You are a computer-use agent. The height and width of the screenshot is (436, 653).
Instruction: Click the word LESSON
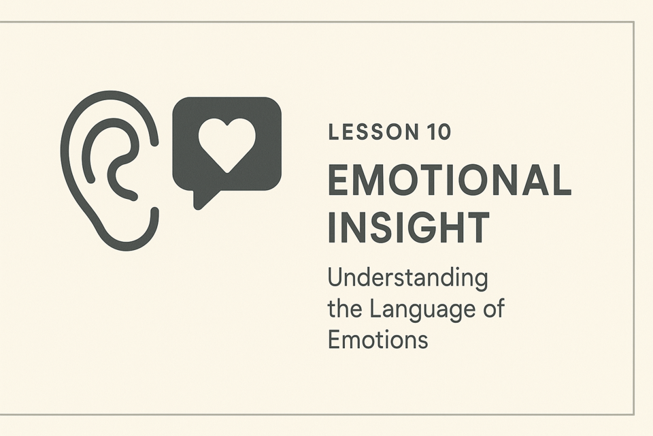click(373, 132)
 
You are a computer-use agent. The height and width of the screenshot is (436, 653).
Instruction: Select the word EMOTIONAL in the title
click(450, 180)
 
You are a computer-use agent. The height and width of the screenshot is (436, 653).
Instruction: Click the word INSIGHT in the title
click(409, 227)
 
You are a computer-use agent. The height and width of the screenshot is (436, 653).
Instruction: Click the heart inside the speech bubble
click(227, 144)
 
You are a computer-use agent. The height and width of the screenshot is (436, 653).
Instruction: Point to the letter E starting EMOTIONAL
click(339, 180)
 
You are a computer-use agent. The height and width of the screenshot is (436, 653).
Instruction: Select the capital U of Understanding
click(336, 278)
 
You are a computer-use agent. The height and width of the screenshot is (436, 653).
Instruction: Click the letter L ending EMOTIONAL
click(560, 180)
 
